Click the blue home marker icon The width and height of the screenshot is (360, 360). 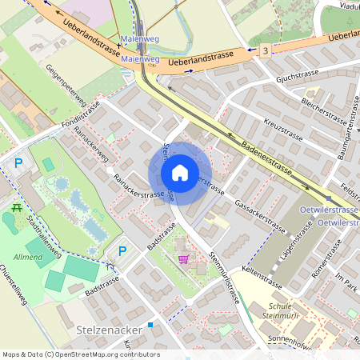tap(179, 173)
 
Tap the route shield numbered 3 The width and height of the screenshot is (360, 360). tap(266, 50)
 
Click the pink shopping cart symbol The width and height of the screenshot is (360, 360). tap(184, 259)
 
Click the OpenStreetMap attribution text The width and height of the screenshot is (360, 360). tap(81, 354)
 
